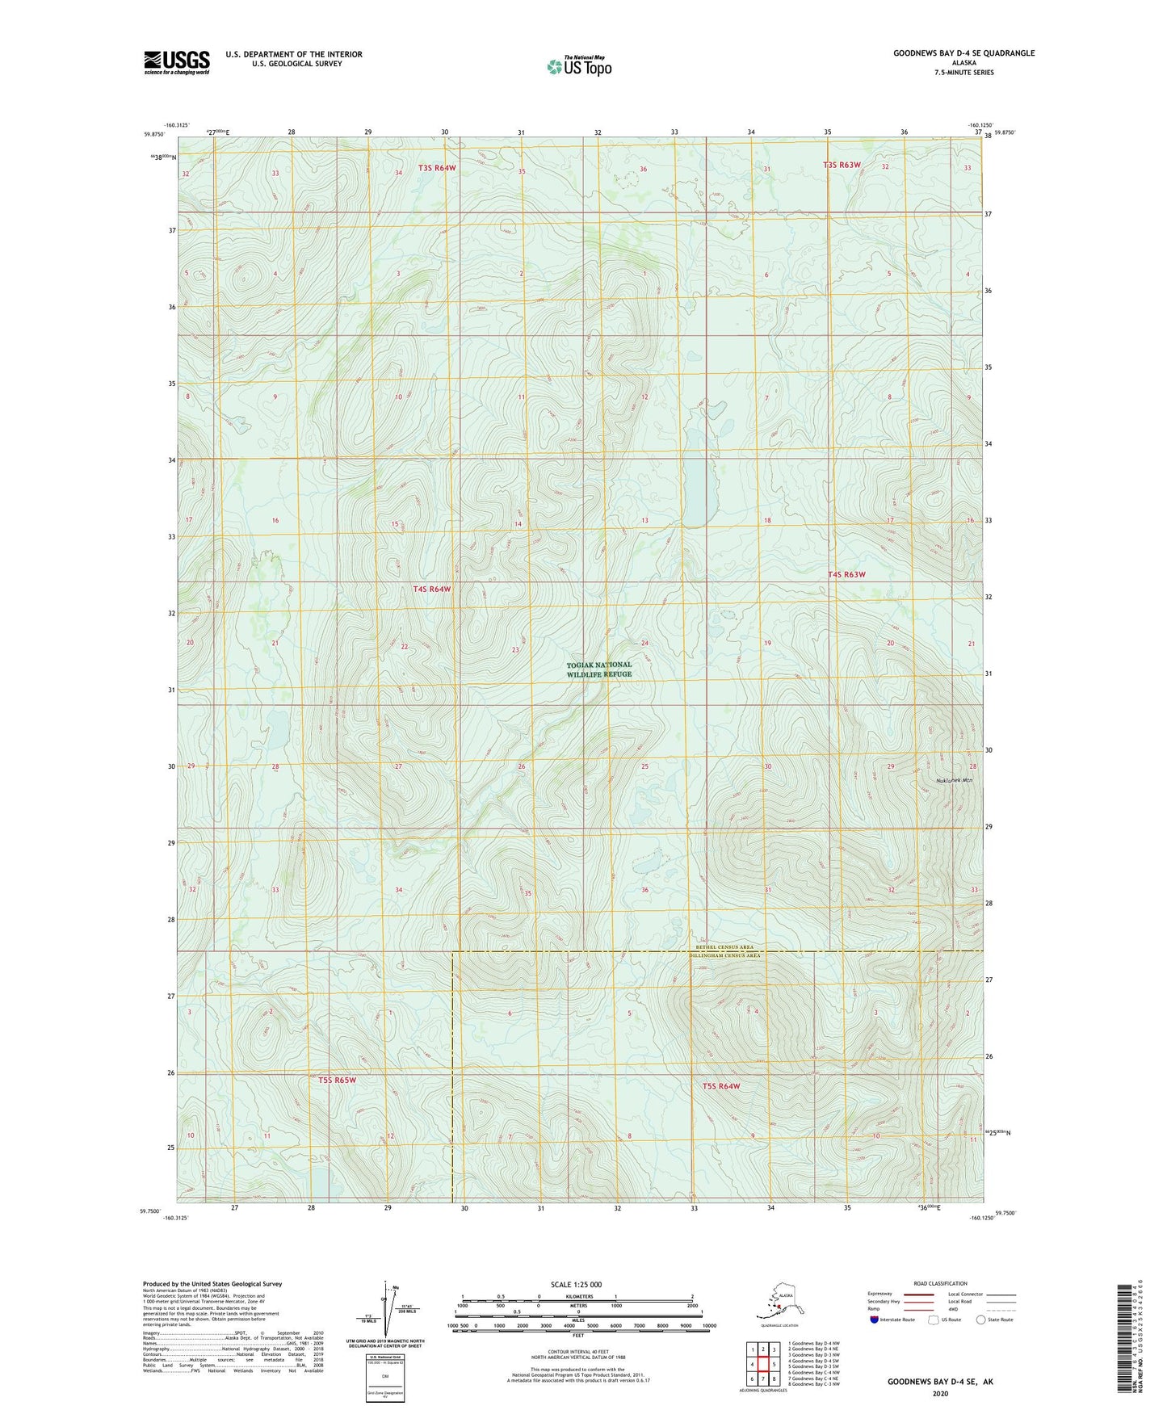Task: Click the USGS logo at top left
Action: point(177,62)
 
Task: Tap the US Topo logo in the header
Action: point(578,66)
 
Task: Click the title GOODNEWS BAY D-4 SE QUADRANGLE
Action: point(963,53)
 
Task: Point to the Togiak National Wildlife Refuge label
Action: point(598,669)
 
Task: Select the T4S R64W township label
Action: point(432,590)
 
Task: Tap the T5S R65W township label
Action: point(337,1080)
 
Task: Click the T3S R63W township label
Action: point(842,165)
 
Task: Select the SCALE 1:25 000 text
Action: point(576,1285)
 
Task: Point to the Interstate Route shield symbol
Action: point(874,1320)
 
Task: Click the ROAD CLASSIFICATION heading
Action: point(940,1283)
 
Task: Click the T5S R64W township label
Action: point(720,1086)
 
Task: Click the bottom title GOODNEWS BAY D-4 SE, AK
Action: point(940,1382)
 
